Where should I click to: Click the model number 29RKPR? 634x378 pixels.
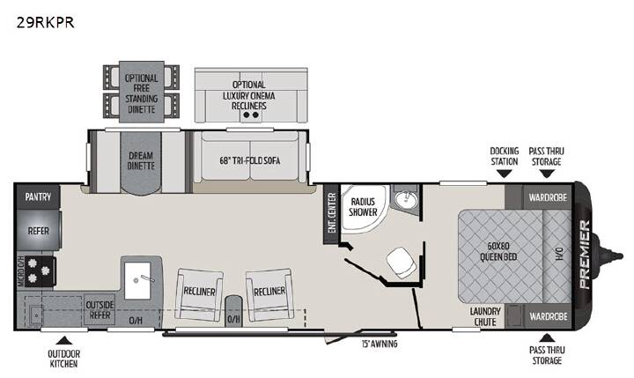[45, 22]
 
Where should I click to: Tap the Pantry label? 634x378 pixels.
[38, 197]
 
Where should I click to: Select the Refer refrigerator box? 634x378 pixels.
[39, 231]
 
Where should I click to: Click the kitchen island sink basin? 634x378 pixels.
[137, 280]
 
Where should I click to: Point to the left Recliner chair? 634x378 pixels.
[199, 294]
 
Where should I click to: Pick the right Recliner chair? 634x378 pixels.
[269, 294]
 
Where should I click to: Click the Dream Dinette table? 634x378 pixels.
[141, 163]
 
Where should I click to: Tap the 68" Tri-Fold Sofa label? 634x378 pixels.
[250, 160]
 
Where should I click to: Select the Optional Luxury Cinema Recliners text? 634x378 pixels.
[249, 95]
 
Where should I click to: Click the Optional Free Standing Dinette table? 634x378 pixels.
[142, 92]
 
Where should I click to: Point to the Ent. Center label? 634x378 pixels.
[332, 213]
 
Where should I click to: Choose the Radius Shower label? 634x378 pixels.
[363, 206]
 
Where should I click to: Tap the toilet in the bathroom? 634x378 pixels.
[402, 263]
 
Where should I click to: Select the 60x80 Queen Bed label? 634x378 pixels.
[498, 251]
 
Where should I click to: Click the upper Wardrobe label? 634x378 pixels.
[548, 198]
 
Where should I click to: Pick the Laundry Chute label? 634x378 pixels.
[485, 316]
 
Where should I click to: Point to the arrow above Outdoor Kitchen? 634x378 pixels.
[64, 340]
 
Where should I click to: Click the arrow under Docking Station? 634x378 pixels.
[504, 174]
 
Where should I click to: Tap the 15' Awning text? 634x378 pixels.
[380, 344]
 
